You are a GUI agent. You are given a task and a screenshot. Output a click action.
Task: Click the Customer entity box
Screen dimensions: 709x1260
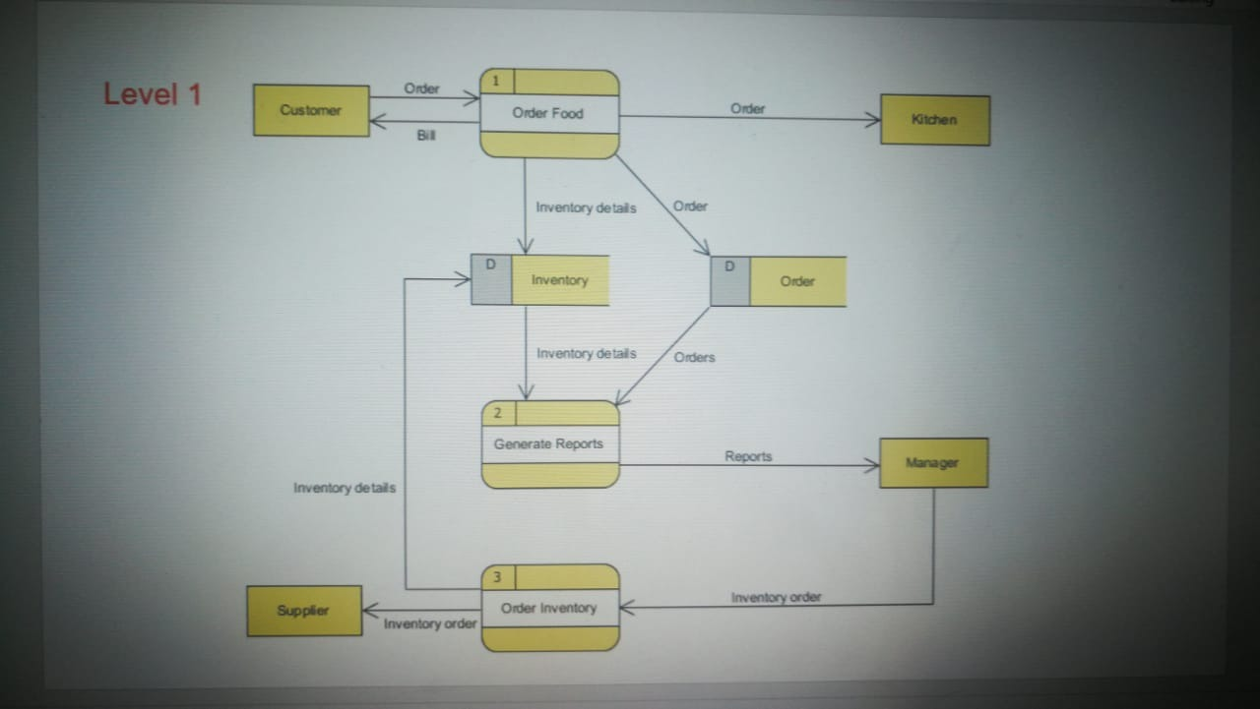(x=311, y=110)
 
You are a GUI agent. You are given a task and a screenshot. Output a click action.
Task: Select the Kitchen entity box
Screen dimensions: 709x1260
(x=934, y=120)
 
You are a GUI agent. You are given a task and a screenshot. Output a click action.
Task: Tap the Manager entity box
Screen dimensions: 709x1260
(x=932, y=462)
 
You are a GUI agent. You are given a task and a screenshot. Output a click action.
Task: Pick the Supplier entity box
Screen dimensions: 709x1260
(x=303, y=611)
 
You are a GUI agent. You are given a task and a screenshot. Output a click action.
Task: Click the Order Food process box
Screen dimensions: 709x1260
(x=548, y=114)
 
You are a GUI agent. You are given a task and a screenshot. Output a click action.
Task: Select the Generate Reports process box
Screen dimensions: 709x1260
(x=549, y=444)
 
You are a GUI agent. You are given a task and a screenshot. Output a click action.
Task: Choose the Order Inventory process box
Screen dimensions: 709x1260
(x=549, y=608)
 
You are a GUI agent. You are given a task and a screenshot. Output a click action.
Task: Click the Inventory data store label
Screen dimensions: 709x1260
(x=559, y=280)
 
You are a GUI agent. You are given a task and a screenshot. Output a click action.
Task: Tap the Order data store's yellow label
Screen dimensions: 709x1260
(x=797, y=281)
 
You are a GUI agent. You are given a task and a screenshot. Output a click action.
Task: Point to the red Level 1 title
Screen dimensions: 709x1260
(x=153, y=94)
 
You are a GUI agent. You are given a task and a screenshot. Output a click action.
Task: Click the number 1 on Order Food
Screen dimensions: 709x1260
(x=496, y=81)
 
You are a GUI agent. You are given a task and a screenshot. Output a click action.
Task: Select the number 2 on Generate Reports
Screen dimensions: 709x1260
(x=497, y=413)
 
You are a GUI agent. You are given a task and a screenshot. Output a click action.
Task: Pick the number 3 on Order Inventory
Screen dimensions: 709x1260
(x=497, y=576)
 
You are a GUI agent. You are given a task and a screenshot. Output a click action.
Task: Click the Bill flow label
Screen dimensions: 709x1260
(x=425, y=136)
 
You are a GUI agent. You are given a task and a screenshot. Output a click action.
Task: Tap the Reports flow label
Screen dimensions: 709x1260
(x=748, y=456)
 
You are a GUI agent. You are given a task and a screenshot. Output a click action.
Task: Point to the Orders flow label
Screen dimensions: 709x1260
(x=695, y=357)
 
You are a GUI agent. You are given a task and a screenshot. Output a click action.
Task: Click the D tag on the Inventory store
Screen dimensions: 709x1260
(x=490, y=266)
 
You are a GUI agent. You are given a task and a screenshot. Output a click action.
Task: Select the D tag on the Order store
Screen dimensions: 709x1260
(x=729, y=266)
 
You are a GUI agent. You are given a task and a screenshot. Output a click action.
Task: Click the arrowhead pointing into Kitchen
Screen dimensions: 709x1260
(x=872, y=120)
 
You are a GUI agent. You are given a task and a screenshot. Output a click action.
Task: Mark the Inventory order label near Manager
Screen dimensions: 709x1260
(x=776, y=597)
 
